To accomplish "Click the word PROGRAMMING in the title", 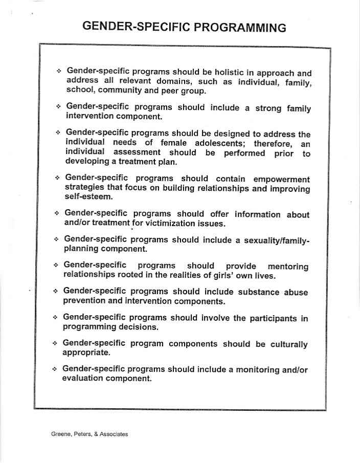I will click(x=238, y=27).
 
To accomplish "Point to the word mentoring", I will click(x=288, y=267).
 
